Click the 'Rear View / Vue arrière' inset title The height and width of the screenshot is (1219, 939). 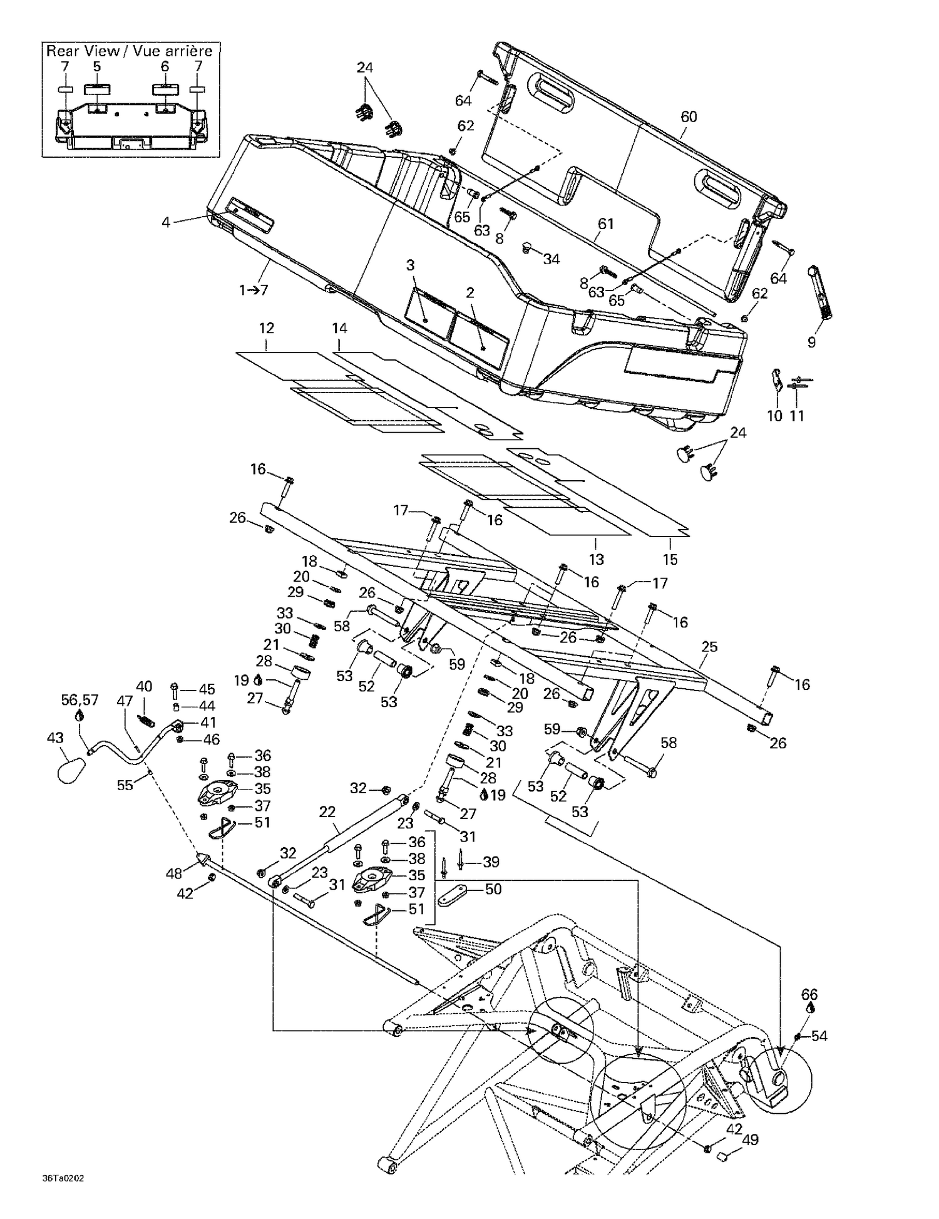coord(130,51)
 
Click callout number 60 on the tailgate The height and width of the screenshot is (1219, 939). coord(689,116)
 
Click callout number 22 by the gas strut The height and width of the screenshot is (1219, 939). coord(327,812)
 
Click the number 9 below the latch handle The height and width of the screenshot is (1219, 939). coord(811,342)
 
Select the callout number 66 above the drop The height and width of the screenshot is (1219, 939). coord(809,994)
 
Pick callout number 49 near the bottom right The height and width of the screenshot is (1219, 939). coord(750,1139)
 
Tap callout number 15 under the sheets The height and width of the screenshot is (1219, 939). coord(670,559)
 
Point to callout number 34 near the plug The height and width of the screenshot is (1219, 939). coord(551,259)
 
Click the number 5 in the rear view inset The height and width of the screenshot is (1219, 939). coord(96,66)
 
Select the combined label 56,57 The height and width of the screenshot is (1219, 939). coord(80,699)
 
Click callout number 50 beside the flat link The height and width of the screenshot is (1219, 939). coord(493,889)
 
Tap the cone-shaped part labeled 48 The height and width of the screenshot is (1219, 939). coord(203,858)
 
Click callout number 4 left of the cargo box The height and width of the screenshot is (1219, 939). coord(166,222)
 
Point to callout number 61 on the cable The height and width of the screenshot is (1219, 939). coord(605,224)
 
